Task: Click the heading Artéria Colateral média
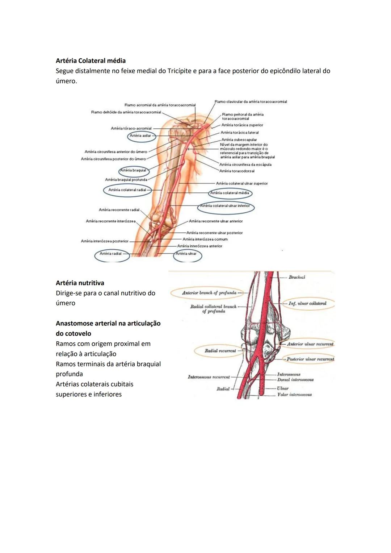[91, 61]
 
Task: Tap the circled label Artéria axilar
[140, 136]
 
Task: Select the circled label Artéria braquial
[133, 170]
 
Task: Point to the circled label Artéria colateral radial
[127, 190]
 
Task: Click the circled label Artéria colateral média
[230, 193]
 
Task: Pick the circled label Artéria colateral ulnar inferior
[225, 206]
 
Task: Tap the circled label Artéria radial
[111, 254]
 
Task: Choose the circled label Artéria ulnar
[186, 254]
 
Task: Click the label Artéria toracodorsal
[237, 171]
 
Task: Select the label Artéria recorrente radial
[119, 210]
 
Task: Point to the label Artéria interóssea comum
[205, 239]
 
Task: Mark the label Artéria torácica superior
[242, 125]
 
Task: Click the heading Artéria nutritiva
[80, 283]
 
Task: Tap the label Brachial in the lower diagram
[297, 277]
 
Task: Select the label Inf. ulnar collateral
[307, 303]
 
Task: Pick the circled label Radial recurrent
[220, 351]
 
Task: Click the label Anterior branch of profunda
[209, 293]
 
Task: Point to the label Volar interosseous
[294, 395]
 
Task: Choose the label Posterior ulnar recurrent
[310, 359]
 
